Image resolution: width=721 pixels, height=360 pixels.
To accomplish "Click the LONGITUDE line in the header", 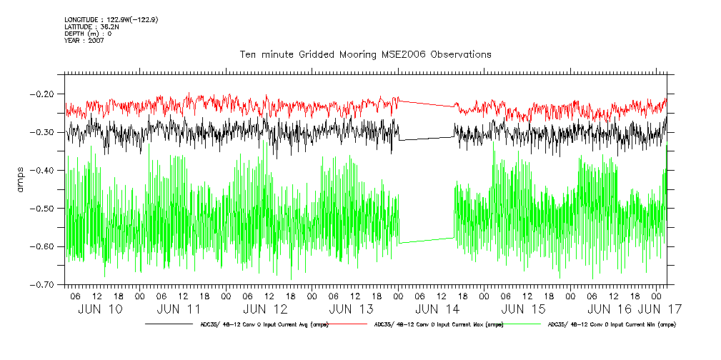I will point(111,19).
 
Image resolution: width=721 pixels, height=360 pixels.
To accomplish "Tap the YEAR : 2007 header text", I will point(84,41).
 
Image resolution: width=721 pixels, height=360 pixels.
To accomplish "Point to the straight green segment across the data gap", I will point(427,241).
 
